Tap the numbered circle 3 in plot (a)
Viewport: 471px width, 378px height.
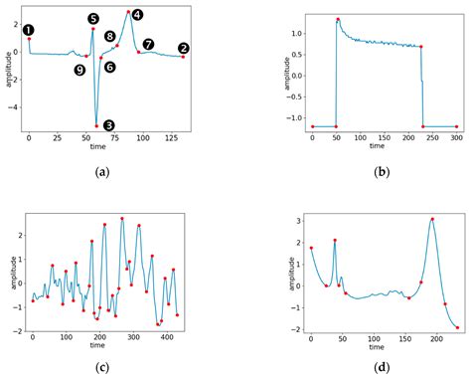click(x=108, y=126)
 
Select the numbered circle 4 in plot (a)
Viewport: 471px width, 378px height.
click(x=136, y=14)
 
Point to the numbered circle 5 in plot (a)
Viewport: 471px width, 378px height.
click(x=92, y=18)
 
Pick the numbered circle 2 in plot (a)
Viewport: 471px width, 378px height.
click(x=183, y=48)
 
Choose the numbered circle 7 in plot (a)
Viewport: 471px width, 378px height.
click(x=148, y=44)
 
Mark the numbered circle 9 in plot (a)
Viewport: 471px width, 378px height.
click(x=78, y=69)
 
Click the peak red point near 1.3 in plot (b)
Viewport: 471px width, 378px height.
click(x=338, y=19)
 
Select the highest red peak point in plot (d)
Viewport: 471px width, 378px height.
click(x=432, y=219)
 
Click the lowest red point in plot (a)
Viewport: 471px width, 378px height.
click(x=96, y=125)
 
